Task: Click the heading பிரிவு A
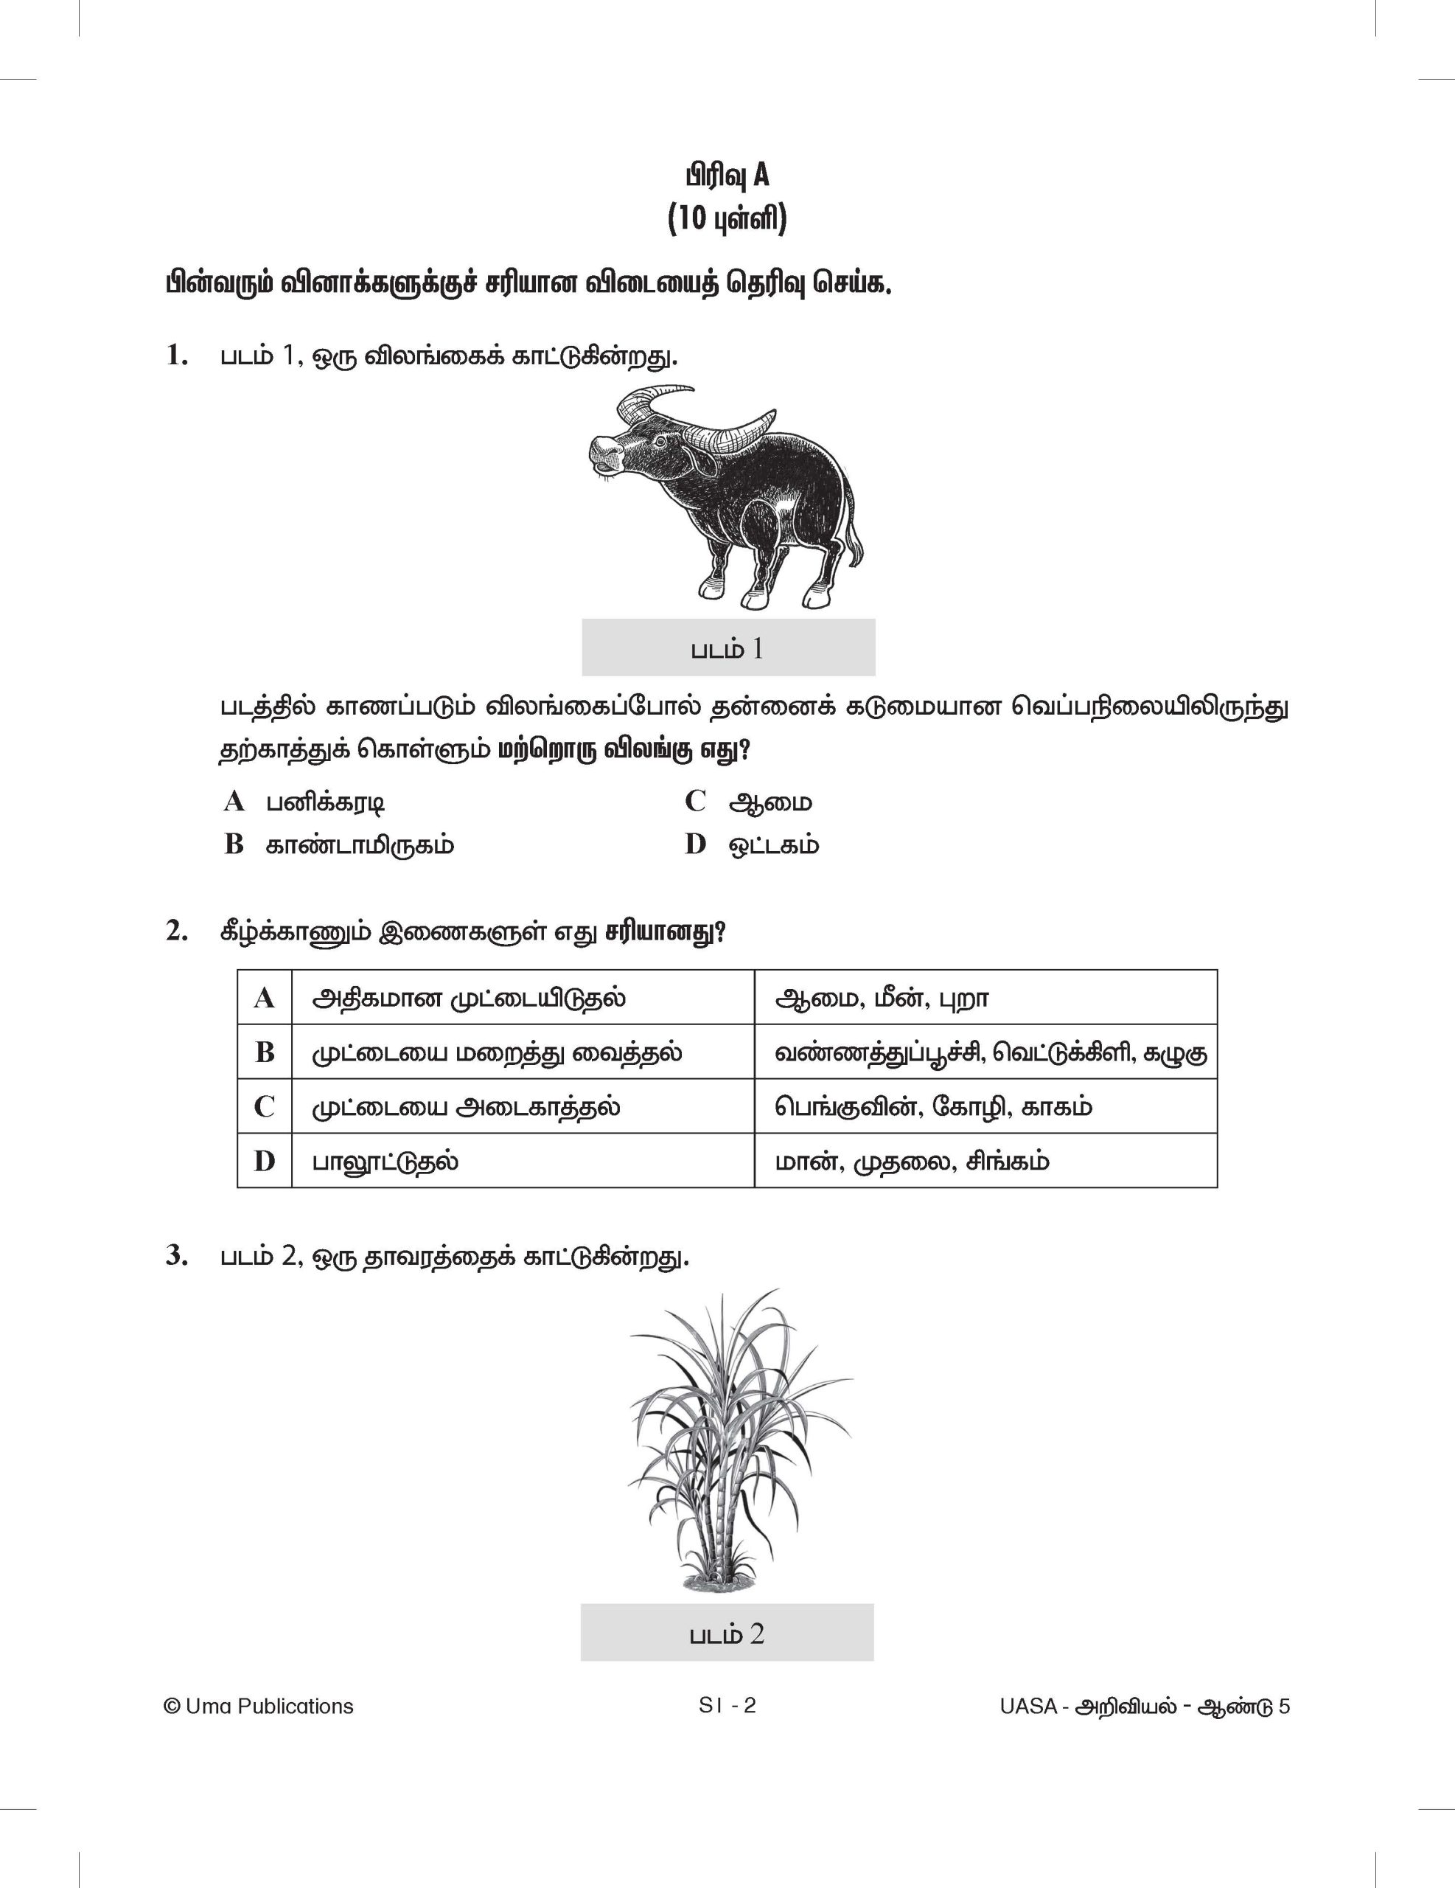tap(727, 176)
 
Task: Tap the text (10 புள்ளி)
tap(727, 219)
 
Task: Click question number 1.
tap(177, 355)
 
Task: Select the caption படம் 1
tap(727, 649)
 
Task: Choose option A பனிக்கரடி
tap(324, 802)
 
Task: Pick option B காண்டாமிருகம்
tap(360, 844)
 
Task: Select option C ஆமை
tap(770, 802)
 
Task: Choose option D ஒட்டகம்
tap(773, 844)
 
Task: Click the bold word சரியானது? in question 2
tap(666, 932)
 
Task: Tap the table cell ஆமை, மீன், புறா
tap(882, 999)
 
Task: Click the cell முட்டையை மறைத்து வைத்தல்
tap(497, 1053)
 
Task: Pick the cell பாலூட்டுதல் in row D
tap(385, 1161)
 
